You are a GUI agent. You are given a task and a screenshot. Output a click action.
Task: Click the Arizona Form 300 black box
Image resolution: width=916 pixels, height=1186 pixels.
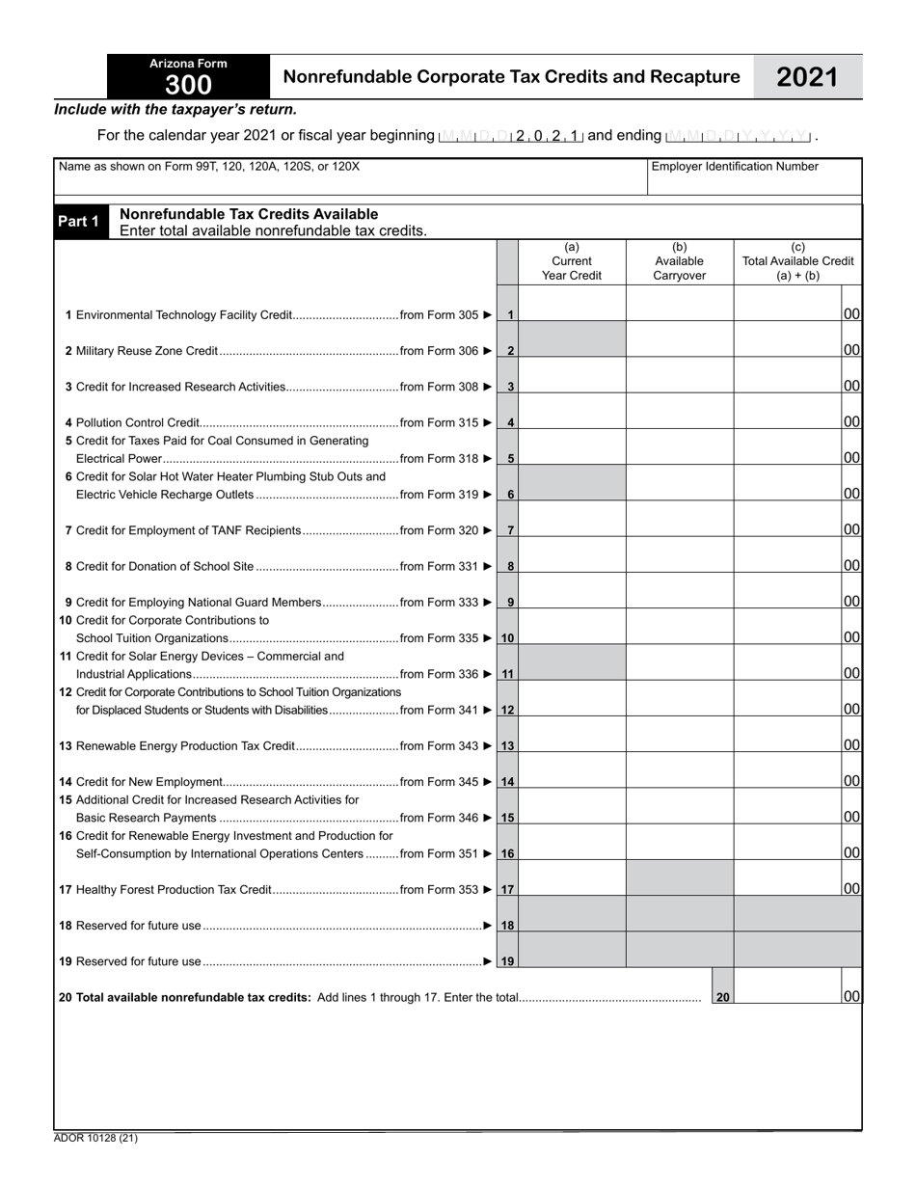(188, 76)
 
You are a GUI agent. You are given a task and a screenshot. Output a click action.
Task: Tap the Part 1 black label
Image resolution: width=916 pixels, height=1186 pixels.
(78, 222)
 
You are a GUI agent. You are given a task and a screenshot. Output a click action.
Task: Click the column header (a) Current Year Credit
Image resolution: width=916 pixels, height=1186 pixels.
(572, 261)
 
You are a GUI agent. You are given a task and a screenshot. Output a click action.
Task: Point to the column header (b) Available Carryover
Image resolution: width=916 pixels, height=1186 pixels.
(680, 261)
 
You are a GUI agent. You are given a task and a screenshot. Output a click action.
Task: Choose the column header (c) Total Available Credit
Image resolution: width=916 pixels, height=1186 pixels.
(797, 261)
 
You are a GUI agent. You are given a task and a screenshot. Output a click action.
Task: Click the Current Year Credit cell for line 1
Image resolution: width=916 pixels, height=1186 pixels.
(572, 306)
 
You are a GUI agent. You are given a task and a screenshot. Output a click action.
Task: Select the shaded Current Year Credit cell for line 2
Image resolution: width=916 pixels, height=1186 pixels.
(572, 340)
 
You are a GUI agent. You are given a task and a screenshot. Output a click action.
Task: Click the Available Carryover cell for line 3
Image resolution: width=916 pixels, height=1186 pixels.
(680, 377)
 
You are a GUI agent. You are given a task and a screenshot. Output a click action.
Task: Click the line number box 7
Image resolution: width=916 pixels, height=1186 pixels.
(508, 530)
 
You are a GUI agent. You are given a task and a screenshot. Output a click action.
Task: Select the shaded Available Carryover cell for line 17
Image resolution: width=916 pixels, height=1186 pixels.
(680, 879)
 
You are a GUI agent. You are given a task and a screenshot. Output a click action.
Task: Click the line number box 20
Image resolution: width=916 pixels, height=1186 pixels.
(722, 997)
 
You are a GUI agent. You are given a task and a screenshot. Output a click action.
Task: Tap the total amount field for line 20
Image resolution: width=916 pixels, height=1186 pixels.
(788, 987)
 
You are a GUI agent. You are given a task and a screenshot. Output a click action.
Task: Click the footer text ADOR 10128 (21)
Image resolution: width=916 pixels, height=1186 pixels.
(96, 1139)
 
